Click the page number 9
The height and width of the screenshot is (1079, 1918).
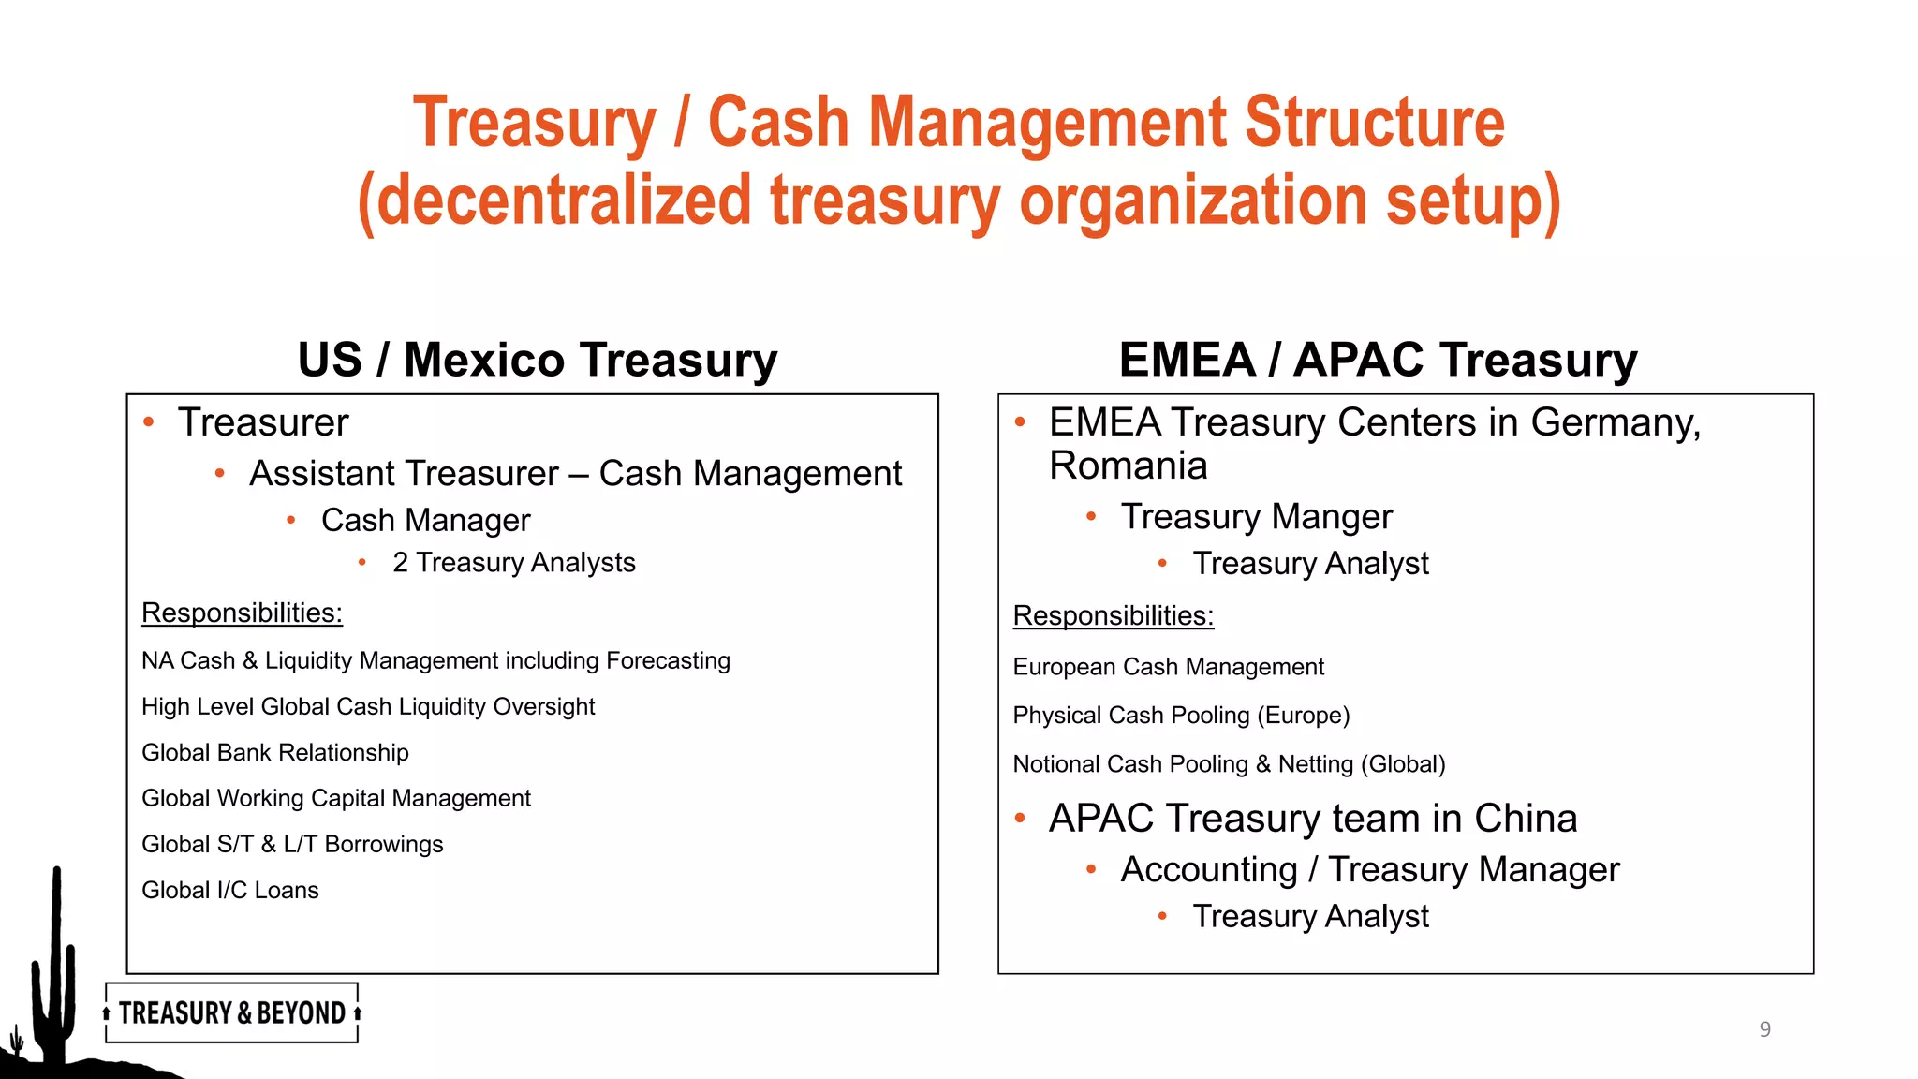[x=1764, y=1029]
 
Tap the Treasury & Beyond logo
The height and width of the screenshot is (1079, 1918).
[x=232, y=1012]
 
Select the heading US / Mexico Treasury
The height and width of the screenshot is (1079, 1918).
[x=538, y=361]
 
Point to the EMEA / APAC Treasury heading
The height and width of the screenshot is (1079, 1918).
[x=1378, y=361]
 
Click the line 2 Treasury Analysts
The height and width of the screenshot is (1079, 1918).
[x=513, y=562]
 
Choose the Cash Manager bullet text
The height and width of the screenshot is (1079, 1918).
[x=425, y=520]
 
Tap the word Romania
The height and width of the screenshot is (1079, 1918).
[x=1128, y=466]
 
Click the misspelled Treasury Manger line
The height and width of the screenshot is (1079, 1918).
[x=1256, y=517]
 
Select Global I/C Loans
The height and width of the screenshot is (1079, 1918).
[x=230, y=890]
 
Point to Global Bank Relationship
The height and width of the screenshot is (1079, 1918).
[x=275, y=752]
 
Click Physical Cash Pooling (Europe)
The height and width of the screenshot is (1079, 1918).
[x=1181, y=716]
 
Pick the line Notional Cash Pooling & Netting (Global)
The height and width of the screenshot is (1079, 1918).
[x=1229, y=764]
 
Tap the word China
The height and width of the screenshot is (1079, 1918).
[x=1526, y=819]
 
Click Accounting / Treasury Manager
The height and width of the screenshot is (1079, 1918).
[x=1370, y=870]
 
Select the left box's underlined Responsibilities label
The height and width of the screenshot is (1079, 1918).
[x=242, y=613]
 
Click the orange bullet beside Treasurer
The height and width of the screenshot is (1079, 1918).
[x=149, y=422]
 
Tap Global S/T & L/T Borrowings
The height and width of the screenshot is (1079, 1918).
[x=292, y=844]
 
